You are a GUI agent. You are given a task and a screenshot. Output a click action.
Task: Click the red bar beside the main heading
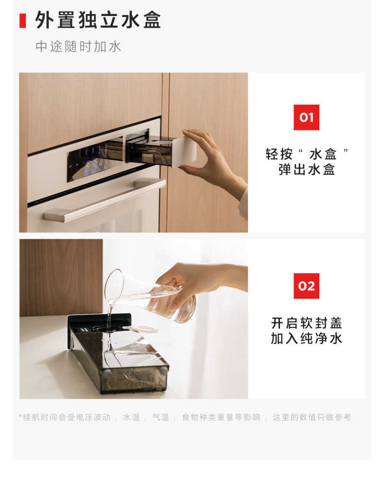click(22, 21)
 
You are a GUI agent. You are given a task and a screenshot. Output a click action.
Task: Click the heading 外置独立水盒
click(98, 20)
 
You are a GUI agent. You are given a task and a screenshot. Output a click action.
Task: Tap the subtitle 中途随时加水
click(78, 47)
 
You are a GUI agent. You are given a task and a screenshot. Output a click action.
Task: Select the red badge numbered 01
click(306, 117)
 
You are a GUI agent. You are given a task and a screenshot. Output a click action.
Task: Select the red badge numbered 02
click(306, 286)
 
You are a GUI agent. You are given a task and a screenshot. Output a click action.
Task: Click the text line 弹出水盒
click(306, 170)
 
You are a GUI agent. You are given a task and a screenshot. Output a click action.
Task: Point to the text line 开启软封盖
click(306, 323)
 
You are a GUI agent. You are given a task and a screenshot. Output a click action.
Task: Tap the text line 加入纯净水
click(306, 339)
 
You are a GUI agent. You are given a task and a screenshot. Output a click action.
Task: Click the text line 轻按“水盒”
click(306, 154)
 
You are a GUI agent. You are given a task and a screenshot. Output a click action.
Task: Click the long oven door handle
click(105, 200)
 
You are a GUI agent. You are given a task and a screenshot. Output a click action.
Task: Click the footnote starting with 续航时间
click(185, 417)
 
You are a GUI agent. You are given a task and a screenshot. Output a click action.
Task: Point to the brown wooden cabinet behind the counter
click(61, 277)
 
